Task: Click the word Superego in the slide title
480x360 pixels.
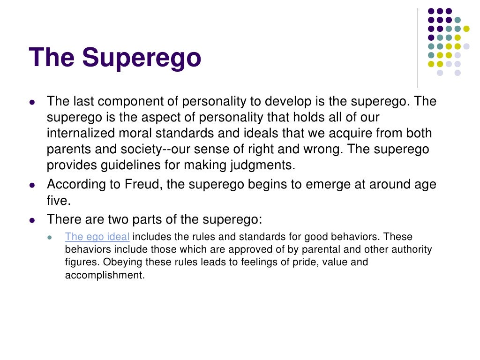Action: (x=142, y=58)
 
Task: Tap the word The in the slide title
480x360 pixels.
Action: (x=52, y=57)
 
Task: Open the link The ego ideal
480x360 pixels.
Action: (x=97, y=237)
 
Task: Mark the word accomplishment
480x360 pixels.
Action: (x=104, y=276)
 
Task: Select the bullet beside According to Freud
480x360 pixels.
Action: (x=32, y=185)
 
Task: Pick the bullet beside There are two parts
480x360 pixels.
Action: (x=32, y=219)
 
